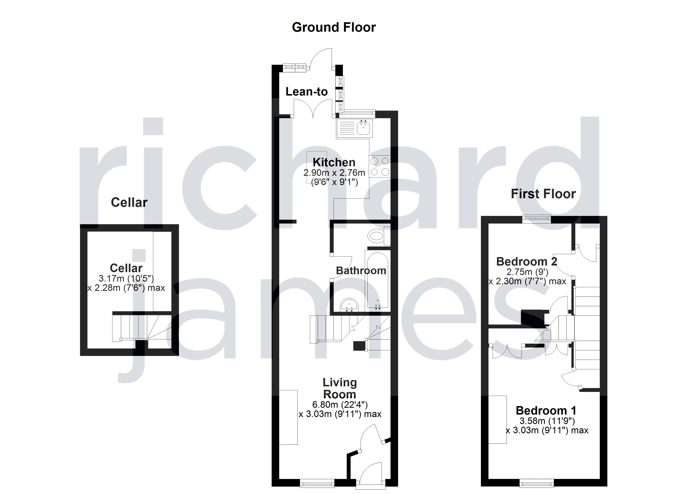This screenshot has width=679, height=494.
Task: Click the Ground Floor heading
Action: (x=334, y=27)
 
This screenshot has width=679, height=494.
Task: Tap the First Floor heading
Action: (x=543, y=194)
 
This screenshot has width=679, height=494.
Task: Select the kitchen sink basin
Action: (x=364, y=128)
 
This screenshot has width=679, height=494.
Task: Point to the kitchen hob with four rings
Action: (x=380, y=166)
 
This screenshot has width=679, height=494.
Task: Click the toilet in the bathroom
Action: (x=377, y=236)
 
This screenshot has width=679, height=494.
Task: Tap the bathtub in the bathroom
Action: (x=377, y=280)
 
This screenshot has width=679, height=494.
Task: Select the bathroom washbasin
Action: (x=349, y=306)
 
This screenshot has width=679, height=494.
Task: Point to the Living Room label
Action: (x=339, y=388)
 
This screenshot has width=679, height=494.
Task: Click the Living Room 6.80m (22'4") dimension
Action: (x=339, y=405)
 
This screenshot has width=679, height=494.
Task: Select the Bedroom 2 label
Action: (x=527, y=262)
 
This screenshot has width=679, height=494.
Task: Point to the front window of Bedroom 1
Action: (x=536, y=483)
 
